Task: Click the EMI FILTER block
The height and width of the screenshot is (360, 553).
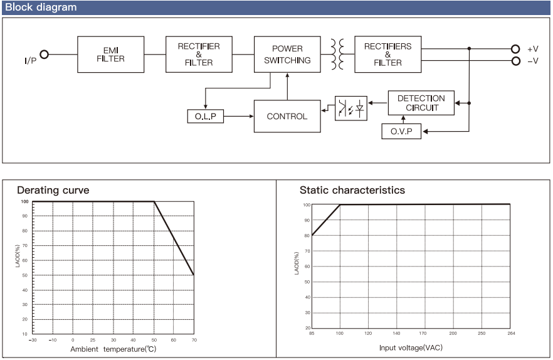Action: coord(111,55)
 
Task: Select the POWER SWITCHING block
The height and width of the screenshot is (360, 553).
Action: coord(287,55)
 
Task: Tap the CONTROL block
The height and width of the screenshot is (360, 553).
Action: coord(287,116)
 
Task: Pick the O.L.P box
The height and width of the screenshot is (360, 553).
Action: coord(205,116)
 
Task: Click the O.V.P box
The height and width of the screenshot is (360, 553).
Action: coord(401,131)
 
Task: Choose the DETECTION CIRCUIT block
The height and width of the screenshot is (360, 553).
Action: coord(421,103)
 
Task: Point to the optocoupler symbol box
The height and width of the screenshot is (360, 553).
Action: coord(351,108)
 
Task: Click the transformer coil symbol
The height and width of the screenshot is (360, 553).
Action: coord(337,55)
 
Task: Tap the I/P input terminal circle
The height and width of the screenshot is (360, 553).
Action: coord(44,55)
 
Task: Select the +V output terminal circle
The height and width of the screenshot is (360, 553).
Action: coord(515,49)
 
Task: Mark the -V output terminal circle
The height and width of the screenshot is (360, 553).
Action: coord(515,61)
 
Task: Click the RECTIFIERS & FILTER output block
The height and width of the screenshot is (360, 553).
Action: coord(387,55)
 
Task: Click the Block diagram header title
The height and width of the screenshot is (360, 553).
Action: coord(41,8)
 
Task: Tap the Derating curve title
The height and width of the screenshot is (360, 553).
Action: coord(53,190)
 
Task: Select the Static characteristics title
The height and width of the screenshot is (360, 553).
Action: coord(352,190)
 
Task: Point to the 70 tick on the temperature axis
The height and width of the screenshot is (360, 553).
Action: coord(194,340)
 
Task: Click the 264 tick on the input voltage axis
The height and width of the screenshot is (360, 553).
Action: coord(511,333)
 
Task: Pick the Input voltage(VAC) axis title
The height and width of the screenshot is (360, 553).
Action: coord(411,347)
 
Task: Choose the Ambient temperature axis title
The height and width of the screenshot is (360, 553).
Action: coord(113,349)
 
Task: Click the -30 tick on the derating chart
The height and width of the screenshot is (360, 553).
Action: coord(33,340)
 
